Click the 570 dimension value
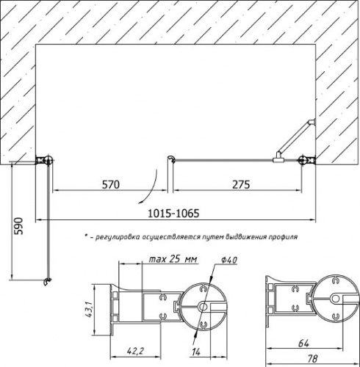(111, 185)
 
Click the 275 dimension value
(241, 185)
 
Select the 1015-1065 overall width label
(173, 214)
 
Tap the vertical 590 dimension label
(18, 226)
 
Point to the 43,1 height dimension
(88, 310)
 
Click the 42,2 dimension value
(135, 351)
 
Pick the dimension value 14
(196, 352)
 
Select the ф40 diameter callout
(229, 260)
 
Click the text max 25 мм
(173, 259)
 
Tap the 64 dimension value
(303, 344)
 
